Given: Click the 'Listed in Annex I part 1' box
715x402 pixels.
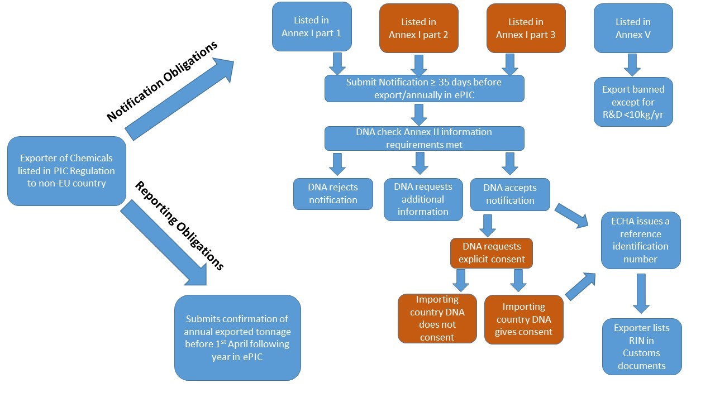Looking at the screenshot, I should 312,27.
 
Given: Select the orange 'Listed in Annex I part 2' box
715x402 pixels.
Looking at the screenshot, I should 419,28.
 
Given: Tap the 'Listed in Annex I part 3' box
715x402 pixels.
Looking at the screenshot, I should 526,28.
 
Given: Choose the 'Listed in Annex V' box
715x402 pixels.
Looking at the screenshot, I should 633,28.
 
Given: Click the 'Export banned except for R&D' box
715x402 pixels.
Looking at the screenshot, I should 633,102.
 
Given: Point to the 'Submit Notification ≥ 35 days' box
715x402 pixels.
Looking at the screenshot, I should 424,88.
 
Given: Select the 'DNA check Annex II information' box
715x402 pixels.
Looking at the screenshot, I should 424,138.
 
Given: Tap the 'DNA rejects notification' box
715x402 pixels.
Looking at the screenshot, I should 333,194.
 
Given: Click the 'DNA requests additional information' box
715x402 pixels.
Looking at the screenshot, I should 423,199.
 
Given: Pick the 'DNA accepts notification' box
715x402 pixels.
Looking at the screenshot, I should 510,194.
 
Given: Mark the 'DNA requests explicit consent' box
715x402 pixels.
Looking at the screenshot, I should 492,253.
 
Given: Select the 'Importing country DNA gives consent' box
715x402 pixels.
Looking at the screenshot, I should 524,319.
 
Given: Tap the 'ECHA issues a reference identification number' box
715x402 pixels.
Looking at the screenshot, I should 641,240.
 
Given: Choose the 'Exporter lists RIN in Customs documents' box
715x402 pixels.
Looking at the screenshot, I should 642,346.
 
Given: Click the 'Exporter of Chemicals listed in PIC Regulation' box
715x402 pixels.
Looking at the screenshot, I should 66,171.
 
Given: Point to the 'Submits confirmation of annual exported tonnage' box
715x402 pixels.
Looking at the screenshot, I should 237,338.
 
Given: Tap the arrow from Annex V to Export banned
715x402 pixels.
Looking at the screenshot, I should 632,64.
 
